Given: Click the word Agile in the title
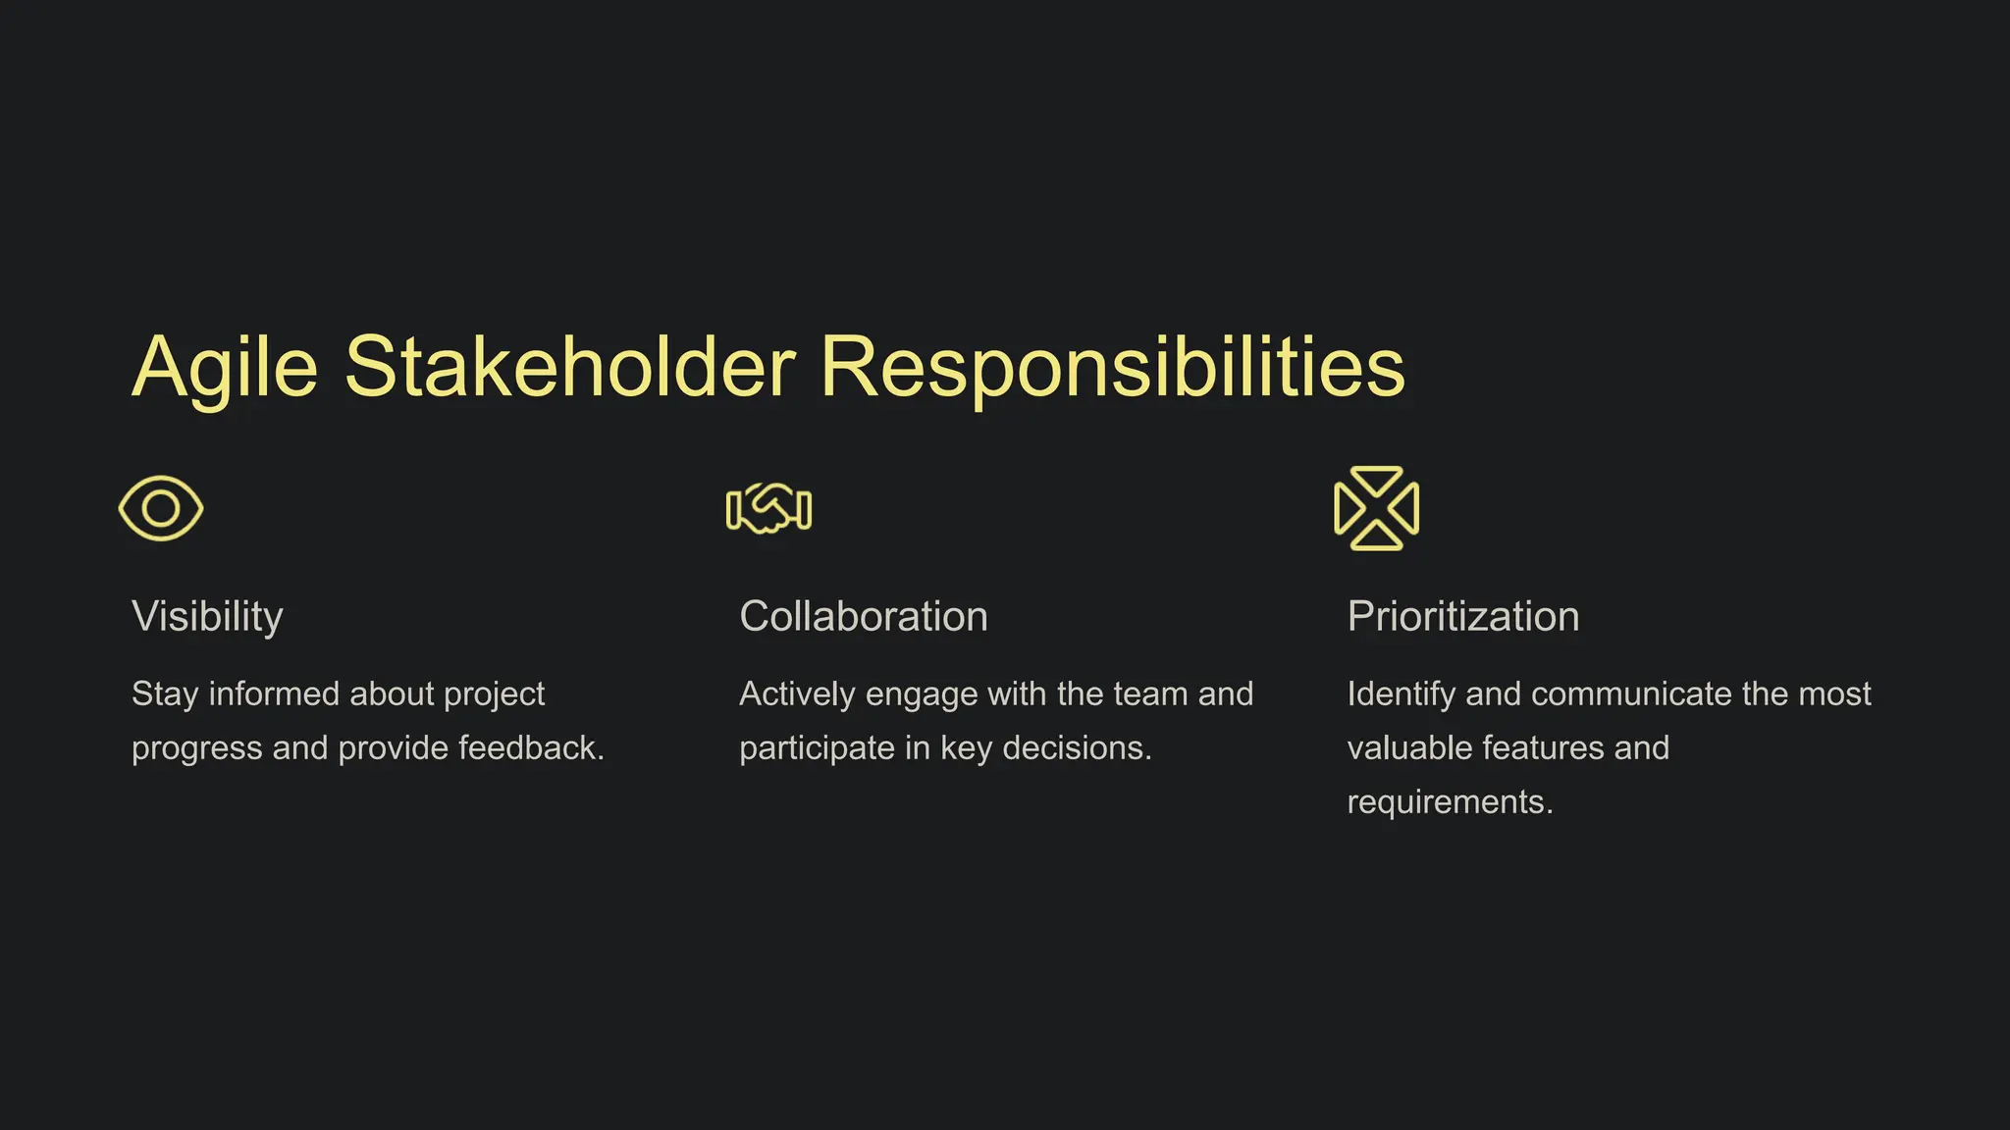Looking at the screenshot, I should coord(225,369).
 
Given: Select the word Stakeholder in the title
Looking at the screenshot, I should coord(569,367).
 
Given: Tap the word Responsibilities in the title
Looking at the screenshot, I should coord(1112,369).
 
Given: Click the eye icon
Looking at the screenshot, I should coord(161,508).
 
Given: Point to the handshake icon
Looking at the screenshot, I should coord(768,509).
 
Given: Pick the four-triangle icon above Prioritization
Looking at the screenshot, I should coord(1376,508).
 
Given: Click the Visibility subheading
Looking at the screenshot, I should coord(207,617).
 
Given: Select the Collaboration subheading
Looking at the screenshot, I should coord(863,617).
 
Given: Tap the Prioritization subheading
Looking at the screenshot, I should coord(1462,617).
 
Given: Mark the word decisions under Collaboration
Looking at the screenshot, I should coord(1077,748).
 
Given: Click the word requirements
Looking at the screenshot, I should coord(1449,803).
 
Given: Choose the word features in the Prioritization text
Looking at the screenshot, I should coord(1543,748).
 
